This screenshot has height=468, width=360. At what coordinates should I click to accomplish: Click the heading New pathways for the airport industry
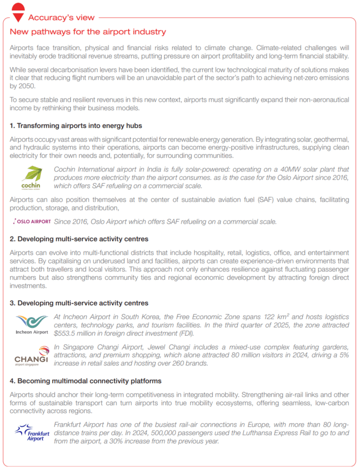click(88, 32)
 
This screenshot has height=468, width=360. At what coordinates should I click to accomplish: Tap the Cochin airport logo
click(31, 177)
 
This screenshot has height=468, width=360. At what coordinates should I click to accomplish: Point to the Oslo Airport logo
click(31, 222)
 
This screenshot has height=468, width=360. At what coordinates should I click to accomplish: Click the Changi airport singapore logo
click(31, 357)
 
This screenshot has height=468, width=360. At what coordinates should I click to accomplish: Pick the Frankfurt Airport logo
click(31, 432)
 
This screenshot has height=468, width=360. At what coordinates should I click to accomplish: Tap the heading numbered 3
click(79, 303)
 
